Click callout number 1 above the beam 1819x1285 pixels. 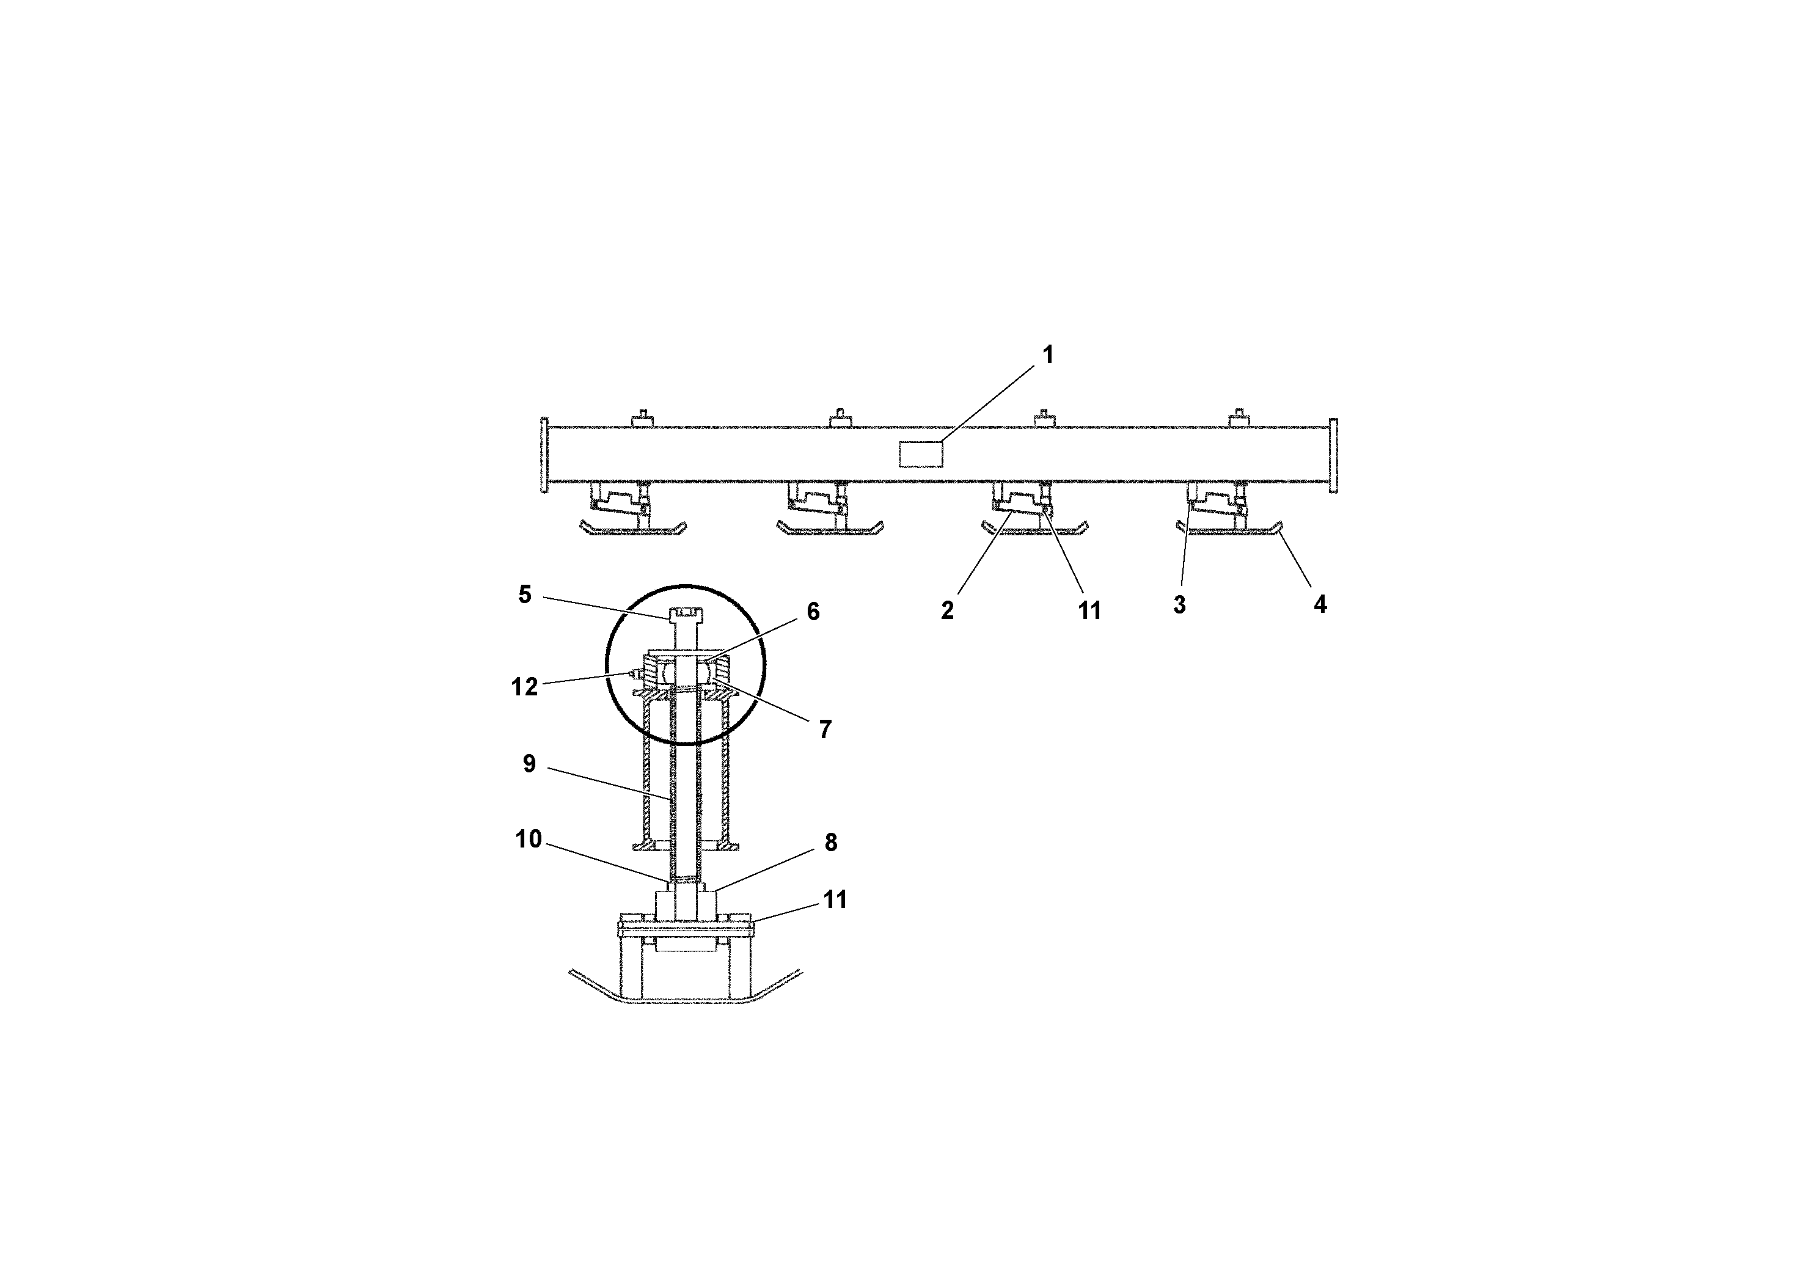pyautogui.click(x=1047, y=355)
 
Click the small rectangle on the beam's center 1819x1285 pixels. pyautogui.click(x=921, y=454)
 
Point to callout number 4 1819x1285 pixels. pyautogui.click(x=1319, y=604)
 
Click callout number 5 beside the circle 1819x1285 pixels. pyautogui.click(x=524, y=594)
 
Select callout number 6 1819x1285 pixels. pyautogui.click(x=813, y=612)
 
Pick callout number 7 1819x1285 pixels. pyautogui.click(x=825, y=730)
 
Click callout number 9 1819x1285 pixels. pyautogui.click(x=529, y=764)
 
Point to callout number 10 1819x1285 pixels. pyautogui.click(x=529, y=839)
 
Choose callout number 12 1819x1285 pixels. pyautogui.click(x=524, y=687)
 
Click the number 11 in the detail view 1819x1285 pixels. pyautogui.click(x=835, y=899)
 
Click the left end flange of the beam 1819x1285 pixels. pyautogui.click(x=544, y=455)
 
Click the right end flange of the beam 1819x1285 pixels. pyautogui.click(x=1333, y=455)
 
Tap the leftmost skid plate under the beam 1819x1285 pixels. pyautogui.click(x=633, y=529)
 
